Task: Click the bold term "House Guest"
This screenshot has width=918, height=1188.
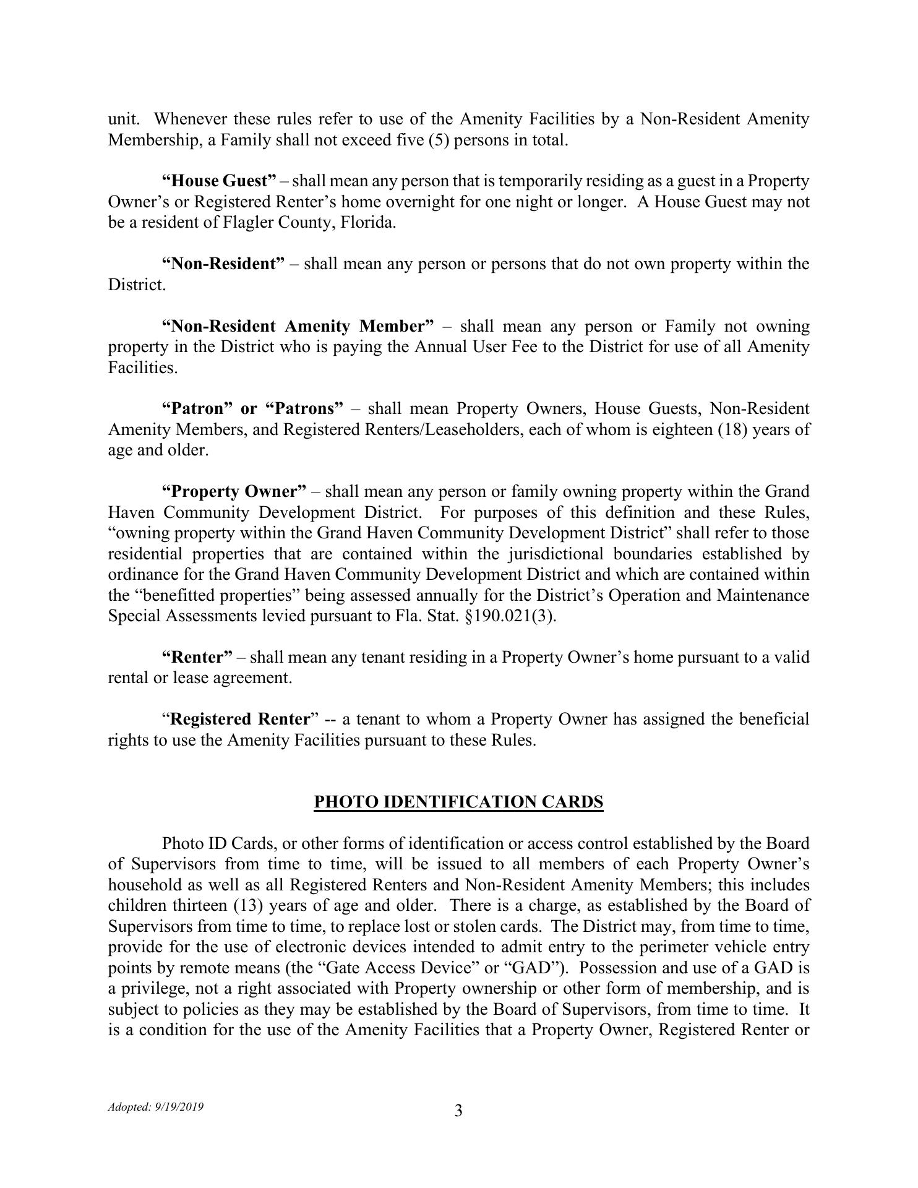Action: pos(219,181)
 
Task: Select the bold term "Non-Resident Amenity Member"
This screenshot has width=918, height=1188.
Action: pos(298,326)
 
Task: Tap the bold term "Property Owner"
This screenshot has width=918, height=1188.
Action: pos(234,491)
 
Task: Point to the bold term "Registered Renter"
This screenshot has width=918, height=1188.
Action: pos(239,719)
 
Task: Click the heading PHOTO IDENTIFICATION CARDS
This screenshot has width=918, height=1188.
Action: pos(458,802)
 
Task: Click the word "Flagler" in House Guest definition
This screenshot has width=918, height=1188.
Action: pos(249,223)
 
